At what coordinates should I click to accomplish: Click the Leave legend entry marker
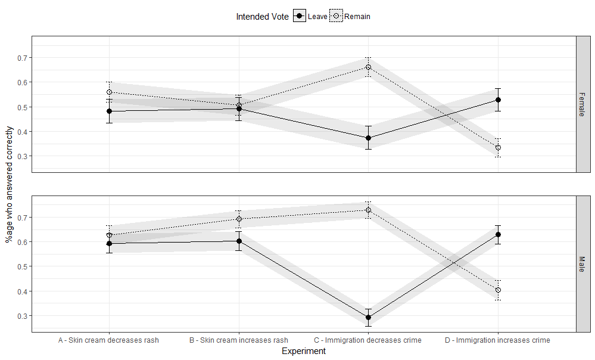pos(300,16)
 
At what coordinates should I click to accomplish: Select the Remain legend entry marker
pos(336,16)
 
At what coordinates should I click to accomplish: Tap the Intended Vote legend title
pos(262,17)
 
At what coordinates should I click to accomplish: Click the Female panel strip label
pos(582,104)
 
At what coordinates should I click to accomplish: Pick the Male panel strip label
pos(582,264)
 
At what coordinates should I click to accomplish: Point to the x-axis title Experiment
pos(304,351)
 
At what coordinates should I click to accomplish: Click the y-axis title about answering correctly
pos(9,185)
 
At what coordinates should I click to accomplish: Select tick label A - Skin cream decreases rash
pos(108,340)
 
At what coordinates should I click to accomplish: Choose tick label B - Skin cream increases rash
pos(239,340)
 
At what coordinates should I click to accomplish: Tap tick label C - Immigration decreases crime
pos(367,340)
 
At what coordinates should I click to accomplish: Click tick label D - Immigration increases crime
pos(497,340)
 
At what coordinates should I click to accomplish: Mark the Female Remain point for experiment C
pos(368,67)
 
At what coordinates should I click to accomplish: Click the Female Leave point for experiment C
pos(368,138)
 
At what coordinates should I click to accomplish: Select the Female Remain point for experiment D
pos(498,147)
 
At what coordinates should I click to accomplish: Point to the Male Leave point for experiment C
pos(368,317)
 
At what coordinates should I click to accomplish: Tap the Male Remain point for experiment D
pos(498,290)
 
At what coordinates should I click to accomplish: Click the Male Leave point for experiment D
pos(498,235)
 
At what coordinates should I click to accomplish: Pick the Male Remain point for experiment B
pos(239,219)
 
